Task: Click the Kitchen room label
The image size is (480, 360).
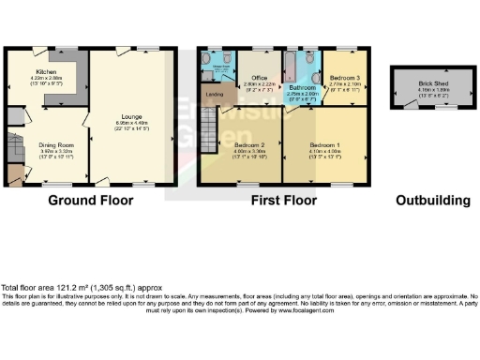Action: point(47,71)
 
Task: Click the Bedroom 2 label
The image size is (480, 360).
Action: point(248,146)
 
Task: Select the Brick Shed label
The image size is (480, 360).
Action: point(433,83)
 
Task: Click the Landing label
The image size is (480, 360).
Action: point(214,93)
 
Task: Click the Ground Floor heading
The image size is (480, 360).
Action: point(87,200)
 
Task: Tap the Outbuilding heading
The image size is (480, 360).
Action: point(432,200)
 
